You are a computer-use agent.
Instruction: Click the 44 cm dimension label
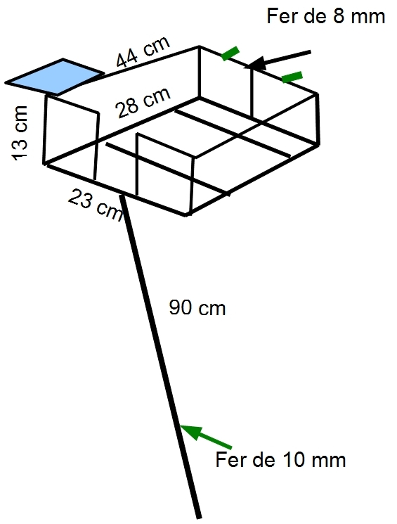pos(143,52)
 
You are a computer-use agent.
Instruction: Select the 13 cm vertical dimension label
pos(20,133)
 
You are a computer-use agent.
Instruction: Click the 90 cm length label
pos(197,307)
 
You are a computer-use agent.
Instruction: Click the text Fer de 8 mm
pos(326,15)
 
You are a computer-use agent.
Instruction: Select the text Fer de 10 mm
pos(280,459)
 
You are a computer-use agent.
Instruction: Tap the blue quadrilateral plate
pos(55,77)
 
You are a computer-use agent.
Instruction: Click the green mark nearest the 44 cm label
pos(230,53)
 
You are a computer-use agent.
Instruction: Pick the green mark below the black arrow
pos(292,77)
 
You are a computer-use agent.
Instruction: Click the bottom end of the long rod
pos(199,518)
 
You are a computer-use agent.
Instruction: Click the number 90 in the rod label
pos(181,307)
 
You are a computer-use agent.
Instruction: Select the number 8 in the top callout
pos(339,15)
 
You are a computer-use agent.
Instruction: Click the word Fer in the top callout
pos(282,15)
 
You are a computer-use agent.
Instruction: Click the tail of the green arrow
pos(231,447)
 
